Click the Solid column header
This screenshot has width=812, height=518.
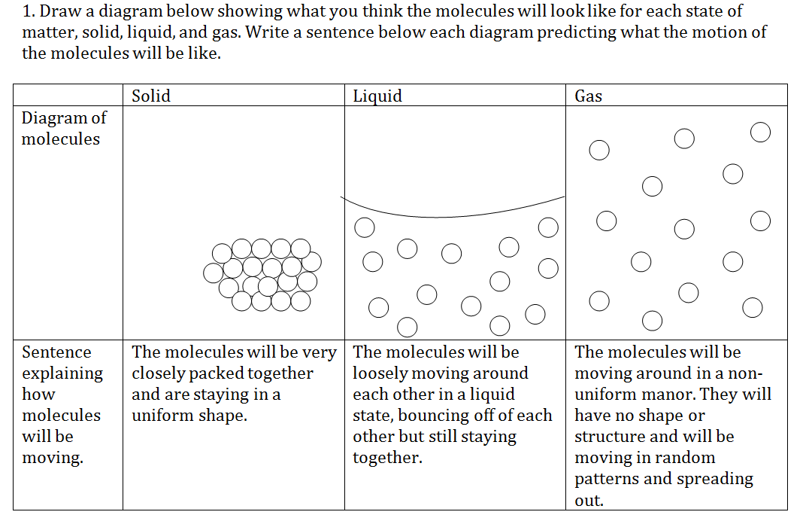tap(150, 96)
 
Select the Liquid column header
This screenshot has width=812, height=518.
tap(377, 96)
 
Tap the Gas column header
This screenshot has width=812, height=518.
tap(588, 96)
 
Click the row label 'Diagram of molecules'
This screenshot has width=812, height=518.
tap(64, 128)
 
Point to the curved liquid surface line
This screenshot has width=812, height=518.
tap(440, 217)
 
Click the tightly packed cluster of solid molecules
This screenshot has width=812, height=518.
tap(262, 275)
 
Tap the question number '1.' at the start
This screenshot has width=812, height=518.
tap(29, 11)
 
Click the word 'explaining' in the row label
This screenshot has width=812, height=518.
tap(62, 373)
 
